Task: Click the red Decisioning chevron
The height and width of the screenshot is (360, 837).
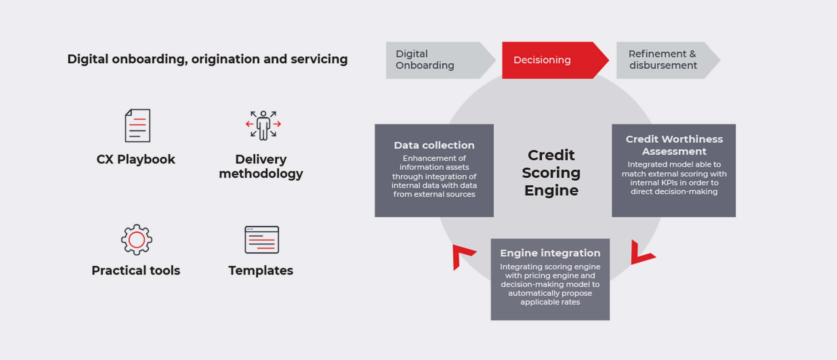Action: [x=555, y=60]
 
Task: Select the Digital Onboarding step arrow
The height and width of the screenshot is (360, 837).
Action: [x=440, y=60]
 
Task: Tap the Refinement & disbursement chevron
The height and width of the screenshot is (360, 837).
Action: [x=668, y=60]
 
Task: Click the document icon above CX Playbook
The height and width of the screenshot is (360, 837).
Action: [x=137, y=125]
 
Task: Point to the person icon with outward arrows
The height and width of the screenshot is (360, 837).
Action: [x=263, y=125]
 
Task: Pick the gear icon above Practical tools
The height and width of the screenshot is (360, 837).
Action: [x=136, y=240]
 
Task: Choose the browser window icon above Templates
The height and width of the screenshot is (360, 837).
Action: [x=261, y=240]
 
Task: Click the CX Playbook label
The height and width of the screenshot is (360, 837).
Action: [x=136, y=160]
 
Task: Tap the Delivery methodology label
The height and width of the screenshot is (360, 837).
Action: [x=261, y=166]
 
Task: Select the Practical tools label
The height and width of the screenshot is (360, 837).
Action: [x=136, y=270]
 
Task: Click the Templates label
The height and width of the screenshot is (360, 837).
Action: [x=260, y=270]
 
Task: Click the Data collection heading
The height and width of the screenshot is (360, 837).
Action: [x=434, y=145]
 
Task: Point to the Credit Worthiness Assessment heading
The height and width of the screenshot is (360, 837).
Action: [x=674, y=145]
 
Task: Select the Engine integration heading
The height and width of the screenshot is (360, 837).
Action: [x=550, y=253]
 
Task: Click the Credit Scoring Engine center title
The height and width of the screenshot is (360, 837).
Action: [x=551, y=173]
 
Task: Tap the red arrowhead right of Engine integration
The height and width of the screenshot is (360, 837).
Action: [x=641, y=253]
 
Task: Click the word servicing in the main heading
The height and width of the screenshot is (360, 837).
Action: [x=319, y=59]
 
